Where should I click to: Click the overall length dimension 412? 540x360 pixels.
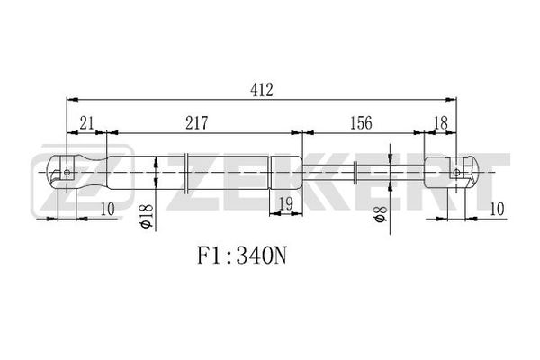pos(262,90)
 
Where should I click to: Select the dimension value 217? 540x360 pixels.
pos(197,123)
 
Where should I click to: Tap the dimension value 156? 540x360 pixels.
pos(361,123)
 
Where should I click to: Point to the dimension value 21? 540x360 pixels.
pos(86,123)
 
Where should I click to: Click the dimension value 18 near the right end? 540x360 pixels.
pos(441,123)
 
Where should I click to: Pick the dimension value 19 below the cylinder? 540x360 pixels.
pos(285,203)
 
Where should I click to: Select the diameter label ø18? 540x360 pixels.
pos(146,216)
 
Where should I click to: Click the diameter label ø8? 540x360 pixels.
pos(381,213)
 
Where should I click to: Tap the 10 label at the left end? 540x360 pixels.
pos(107,209)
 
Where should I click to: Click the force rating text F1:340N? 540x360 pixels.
pos(241,256)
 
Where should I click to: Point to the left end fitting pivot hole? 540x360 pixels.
pos(67,172)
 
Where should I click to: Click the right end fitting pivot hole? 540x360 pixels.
pos(456,172)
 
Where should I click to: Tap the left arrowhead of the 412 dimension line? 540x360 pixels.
pos(72,100)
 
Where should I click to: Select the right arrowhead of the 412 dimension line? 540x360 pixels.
pos(451,100)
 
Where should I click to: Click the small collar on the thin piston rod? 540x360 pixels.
pos(355,172)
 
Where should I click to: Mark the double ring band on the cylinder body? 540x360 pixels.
pos(186,172)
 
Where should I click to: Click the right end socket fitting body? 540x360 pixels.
pos(451,172)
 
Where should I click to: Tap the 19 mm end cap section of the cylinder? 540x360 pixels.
pos(285,172)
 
